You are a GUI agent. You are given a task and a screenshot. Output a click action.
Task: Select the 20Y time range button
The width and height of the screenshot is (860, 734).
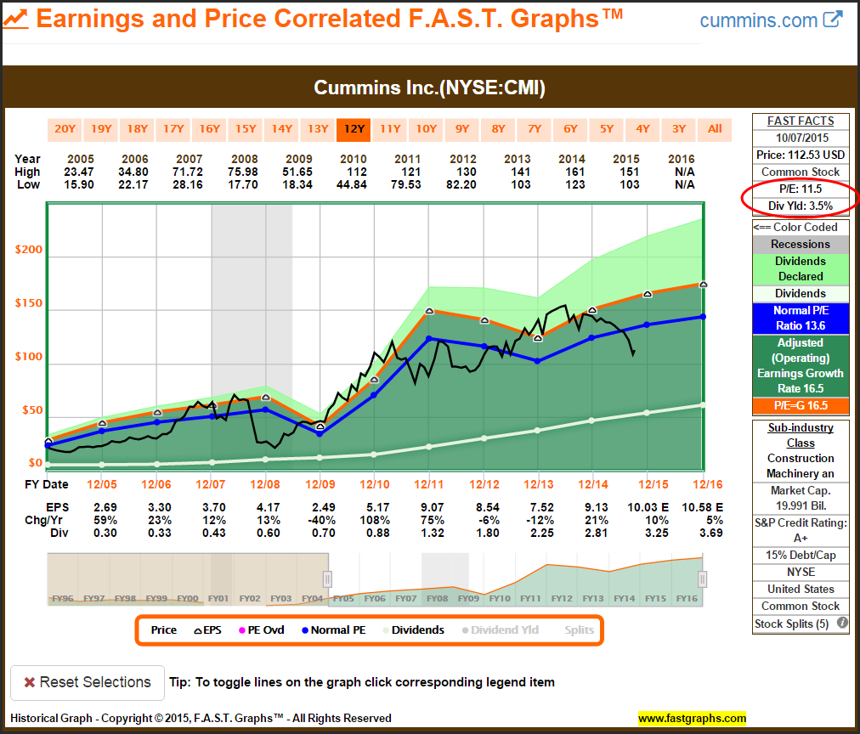(65, 129)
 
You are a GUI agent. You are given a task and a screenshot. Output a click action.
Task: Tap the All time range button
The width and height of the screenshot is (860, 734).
(715, 129)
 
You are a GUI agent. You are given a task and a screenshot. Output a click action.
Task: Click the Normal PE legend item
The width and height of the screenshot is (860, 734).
(336, 630)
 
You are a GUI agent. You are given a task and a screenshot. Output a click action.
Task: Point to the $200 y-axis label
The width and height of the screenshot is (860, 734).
(29, 250)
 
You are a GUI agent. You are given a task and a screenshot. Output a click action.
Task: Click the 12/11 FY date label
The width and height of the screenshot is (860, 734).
(430, 484)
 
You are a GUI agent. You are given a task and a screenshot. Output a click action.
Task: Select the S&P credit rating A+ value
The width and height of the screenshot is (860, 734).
(801, 539)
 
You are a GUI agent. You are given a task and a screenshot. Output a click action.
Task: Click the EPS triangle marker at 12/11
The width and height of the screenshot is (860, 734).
(430, 311)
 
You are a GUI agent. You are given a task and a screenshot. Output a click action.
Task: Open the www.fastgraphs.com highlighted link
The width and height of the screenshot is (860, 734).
(692, 718)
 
